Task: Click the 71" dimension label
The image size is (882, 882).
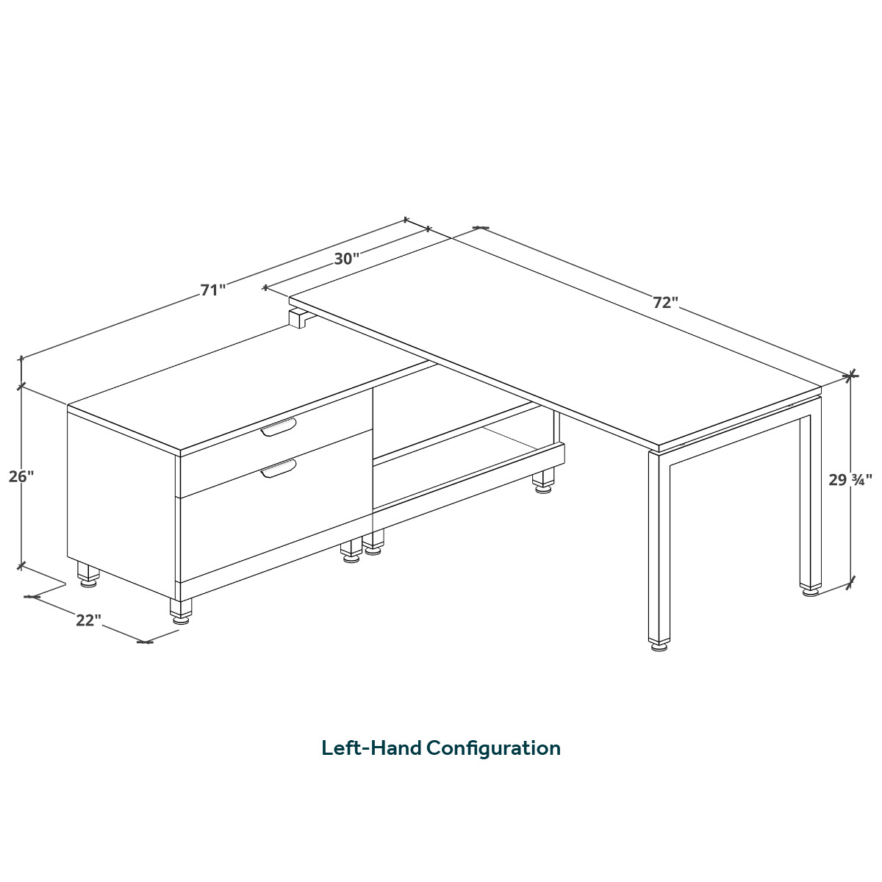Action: coord(213,290)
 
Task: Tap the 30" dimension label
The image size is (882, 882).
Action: coord(346,259)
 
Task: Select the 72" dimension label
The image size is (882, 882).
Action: coord(665,302)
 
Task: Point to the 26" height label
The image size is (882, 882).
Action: coord(21,476)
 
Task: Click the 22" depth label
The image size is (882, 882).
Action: coord(88,620)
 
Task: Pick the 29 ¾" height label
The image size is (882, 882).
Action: coord(850,479)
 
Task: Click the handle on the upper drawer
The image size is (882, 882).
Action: coord(279,427)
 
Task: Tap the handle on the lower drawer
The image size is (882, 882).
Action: coord(279,468)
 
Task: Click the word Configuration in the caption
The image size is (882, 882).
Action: coord(494,748)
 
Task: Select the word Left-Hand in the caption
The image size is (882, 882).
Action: coord(371,748)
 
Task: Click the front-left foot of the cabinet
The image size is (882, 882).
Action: coord(181,612)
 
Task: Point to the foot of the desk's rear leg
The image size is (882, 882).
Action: coord(810,590)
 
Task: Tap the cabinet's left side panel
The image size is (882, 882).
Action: coord(121,501)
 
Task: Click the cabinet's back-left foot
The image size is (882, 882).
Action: coord(88,575)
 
